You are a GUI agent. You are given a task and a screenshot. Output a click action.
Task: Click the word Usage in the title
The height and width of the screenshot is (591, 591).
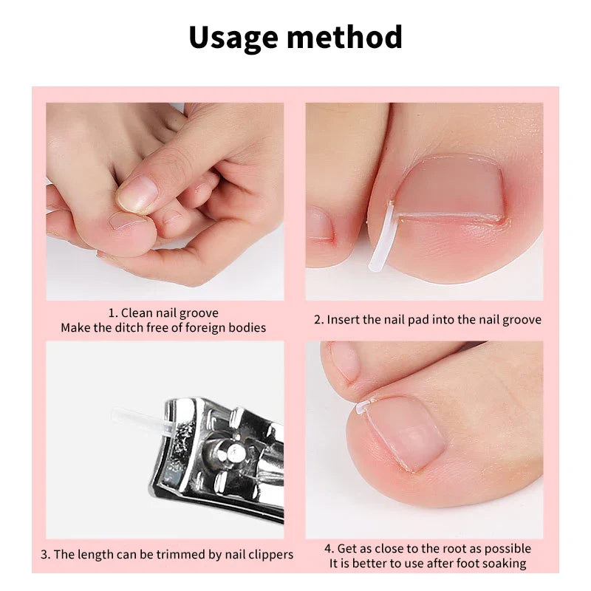pyautogui.click(x=233, y=37)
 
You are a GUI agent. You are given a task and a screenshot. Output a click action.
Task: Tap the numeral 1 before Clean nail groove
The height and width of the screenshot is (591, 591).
pyautogui.click(x=113, y=313)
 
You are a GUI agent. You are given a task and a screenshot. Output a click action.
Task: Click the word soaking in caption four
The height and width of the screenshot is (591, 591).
pyautogui.click(x=505, y=564)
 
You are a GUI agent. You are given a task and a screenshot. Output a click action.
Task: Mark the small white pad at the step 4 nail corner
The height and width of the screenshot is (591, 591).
pyautogui.click(x=363, y=406)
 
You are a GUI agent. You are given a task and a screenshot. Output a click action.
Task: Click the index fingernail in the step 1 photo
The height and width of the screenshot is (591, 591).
pyautogui.click(x=137, y=194)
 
